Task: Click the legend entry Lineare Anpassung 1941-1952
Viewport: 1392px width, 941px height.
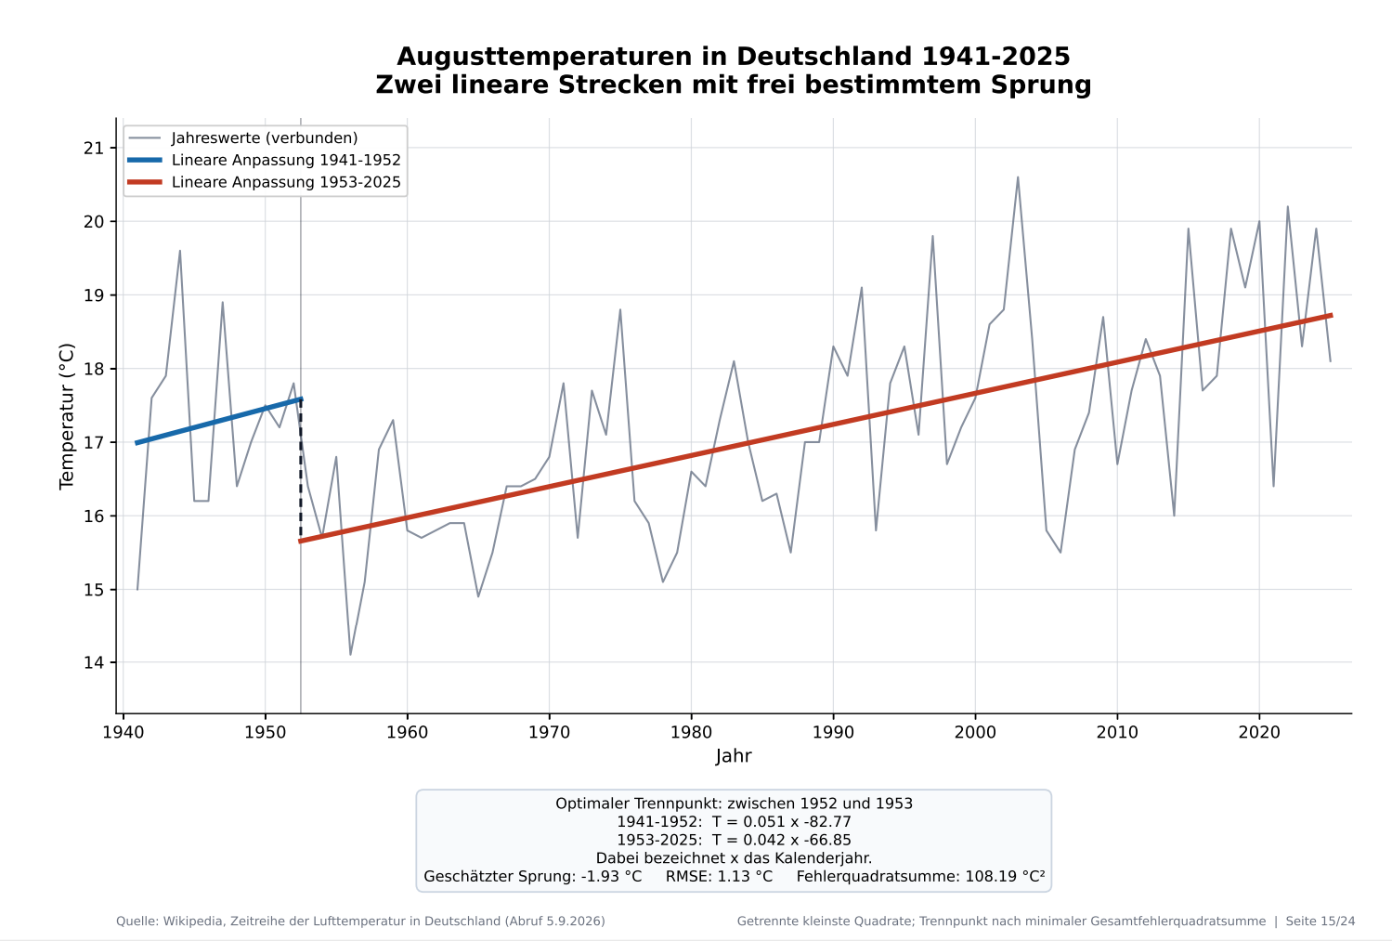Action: tap(264, 160)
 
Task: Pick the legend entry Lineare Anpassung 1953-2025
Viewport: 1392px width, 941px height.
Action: tap(264, 182)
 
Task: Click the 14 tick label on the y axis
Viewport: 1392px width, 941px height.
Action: tap(94, 662)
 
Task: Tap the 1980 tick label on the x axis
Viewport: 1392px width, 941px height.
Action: tap(691, 732)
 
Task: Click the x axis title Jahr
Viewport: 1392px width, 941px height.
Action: tap(734, 756)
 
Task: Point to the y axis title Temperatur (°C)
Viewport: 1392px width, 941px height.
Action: tap(67, 416)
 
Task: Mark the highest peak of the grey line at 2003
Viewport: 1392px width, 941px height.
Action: tap(1017, 177)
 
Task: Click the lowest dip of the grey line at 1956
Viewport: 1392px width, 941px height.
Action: tap(350, 655)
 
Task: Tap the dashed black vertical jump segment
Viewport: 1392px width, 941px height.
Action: tap(301, 470)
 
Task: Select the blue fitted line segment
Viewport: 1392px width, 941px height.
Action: tap(219, 421)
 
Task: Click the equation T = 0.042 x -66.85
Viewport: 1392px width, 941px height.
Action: tap(781, 841)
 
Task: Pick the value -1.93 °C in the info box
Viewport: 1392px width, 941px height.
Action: tap(611, 876)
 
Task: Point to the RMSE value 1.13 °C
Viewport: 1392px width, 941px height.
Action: tap(745, 876)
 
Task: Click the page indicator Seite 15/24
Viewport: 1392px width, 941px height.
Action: tap(1320, 921)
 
